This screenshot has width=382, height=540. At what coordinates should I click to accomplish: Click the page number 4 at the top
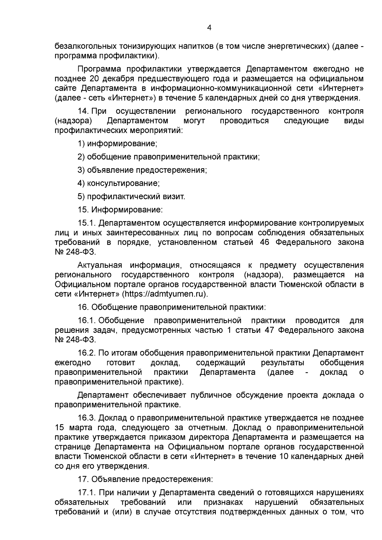(x=209, y=28)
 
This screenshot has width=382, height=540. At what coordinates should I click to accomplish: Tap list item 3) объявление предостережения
(x=142, y=170)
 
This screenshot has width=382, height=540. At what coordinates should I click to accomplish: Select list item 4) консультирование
(x=119, y=183)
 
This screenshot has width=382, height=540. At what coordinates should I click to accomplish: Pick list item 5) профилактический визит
(x=131, y=197)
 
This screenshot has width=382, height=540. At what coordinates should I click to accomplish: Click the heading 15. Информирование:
(x=120, y=210)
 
